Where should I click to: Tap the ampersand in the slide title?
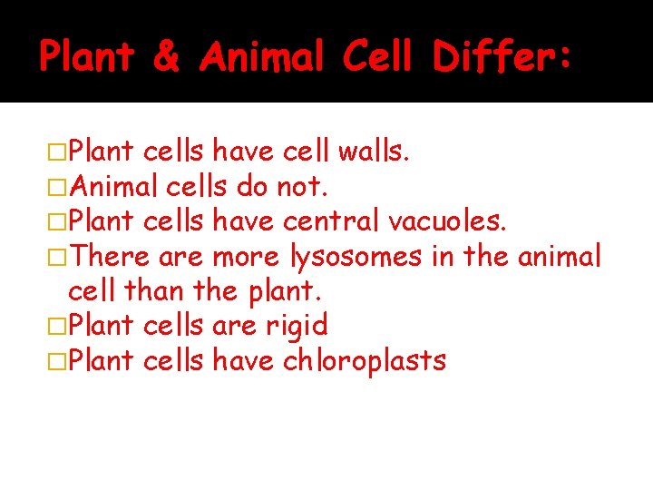[x=166, y=58]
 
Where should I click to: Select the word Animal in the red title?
[x=261, y=58]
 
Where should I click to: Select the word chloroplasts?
[x=365, y=361]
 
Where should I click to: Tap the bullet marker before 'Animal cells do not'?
[x=56, y=188]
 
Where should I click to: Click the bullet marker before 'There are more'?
[x=56, y=258]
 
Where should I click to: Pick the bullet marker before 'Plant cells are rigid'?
[x=56, y=326]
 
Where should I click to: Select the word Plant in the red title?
[x=86, y=58]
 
